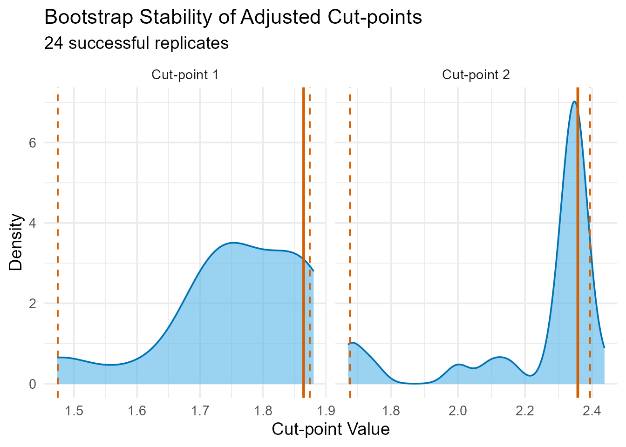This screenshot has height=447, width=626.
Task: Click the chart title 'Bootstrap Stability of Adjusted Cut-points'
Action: pyautogui.click(x=233, y=17)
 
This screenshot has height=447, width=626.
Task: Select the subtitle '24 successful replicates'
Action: pyautogui.click(x=136, y=43)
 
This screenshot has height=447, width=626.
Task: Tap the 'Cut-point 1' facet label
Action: pyautogui.click(x=185, y=74)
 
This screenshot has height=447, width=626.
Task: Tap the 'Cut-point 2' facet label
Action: pyautogui.click(x=476, y=74)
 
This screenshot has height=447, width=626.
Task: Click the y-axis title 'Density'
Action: pyautogui.click(x=16, y=242)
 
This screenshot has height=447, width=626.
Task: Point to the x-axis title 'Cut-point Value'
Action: pyautogui.click(x=331, y=429)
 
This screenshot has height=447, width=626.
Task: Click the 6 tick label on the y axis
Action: pyautogui.click(x=32, y=143)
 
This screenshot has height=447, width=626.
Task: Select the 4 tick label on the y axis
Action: pyautogui.click(x=32, y=223)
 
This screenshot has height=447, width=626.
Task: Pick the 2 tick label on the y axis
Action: pyautogui.click(x=32, y=304)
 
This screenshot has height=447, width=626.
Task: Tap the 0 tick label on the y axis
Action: pyautogui.click(x=32, y=384)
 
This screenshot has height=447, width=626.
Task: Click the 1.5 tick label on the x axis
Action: pyautogui.click(x=74, y=411)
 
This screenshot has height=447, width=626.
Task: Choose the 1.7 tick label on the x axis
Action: pyautogui.click(x=200, y=411)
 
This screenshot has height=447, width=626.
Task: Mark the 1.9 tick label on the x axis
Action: pyautogui.click(x=326, y=411)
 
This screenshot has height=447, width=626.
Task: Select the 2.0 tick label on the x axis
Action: pyautogui.click(x=458, y=411)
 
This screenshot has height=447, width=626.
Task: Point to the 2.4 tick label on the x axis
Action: pyautogui.click(x=592, y=411)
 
